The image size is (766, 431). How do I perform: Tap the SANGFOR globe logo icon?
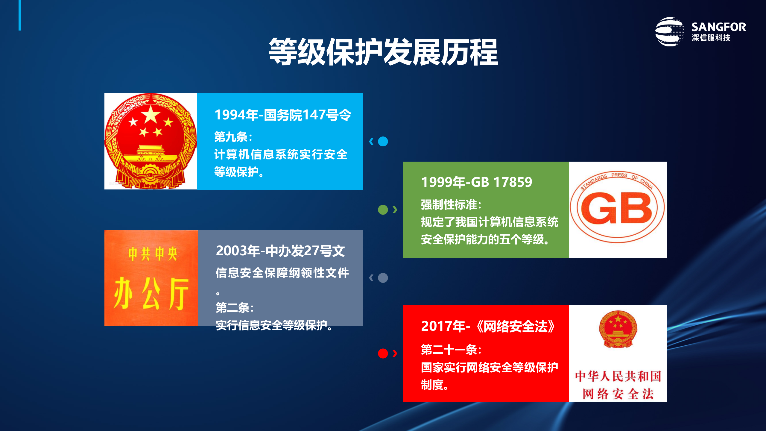[x=669, y=32]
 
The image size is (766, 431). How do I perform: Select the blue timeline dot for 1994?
[x=383, y=141]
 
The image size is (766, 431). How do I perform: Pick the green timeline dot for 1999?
[x=383, y=210]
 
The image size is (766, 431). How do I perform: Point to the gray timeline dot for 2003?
[x=383, y=278]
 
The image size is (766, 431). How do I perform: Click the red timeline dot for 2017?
[x=383, y=353]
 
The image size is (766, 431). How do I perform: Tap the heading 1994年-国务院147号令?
[x=283, y=115]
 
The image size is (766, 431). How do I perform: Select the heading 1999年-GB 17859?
[x=476, y=182]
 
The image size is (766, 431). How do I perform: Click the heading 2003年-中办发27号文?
[x=280, y=251]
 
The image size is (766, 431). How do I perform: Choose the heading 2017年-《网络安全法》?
[x=488, y=326]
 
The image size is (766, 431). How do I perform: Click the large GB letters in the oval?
[x=616, y=208]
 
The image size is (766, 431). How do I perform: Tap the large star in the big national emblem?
[x=151, y=115]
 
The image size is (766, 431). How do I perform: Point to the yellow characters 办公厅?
[x=151, y=293]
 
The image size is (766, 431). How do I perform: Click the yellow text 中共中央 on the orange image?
[x=153, y=254]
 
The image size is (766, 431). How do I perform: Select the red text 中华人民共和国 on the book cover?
[x=618, y=376]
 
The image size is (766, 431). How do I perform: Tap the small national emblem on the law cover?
[x=618, y=329]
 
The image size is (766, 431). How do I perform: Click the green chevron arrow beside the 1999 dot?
[x=395, y=210]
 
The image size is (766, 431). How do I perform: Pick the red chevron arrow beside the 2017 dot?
[x=395, y=353]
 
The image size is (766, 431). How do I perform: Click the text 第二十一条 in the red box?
[x=450, y=350]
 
